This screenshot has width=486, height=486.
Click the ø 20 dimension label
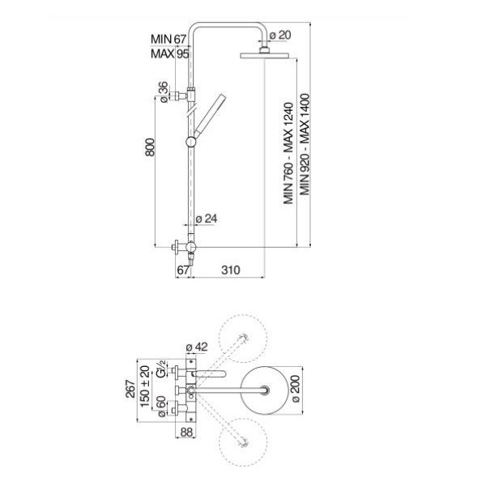[x=280, y=36]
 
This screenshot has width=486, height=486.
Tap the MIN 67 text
[x=168, y=40]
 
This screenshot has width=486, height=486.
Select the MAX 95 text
[x=170, y=54]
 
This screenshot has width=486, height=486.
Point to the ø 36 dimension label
[x=164, y=92]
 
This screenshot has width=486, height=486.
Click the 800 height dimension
[x=150, y=147]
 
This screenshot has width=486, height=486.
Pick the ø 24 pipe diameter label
[x=207, y=219]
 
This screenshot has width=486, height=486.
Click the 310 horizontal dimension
[x=231, y=270]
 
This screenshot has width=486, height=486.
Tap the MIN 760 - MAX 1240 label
[x=288, y=153]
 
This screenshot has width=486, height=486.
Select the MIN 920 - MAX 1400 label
[x=305, y=145]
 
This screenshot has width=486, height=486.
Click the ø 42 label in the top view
[x=197, y=347]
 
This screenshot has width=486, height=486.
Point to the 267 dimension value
[x=130, y=389]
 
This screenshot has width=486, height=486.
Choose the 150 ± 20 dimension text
[x=145, y=387]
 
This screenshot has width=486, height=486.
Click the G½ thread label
[x=161, y=369]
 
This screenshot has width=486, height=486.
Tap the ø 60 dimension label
[x=161, y=407]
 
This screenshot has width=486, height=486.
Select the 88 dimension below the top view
[x=186, y=432]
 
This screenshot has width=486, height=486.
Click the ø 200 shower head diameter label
[x=296, y=389]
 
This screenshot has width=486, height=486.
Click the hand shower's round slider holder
[x=191, y=142]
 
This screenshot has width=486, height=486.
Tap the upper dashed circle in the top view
[x=243, y=339]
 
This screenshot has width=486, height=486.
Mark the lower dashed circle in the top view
[x=243, y=442]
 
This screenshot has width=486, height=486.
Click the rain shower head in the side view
[x=264, y=55]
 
